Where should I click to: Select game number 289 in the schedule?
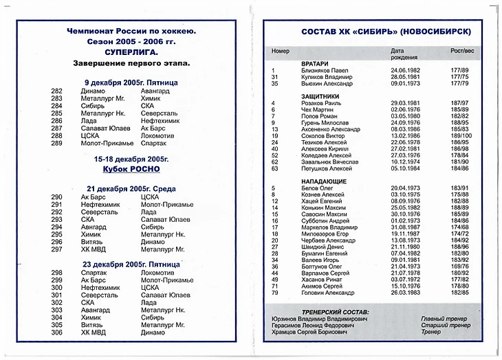[56, 143]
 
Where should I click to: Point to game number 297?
[56, 249]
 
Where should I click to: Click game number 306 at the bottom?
[56, 333]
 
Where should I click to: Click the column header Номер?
[281, 52]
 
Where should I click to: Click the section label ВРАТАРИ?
[314, 63]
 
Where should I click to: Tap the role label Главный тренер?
[445, 319]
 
